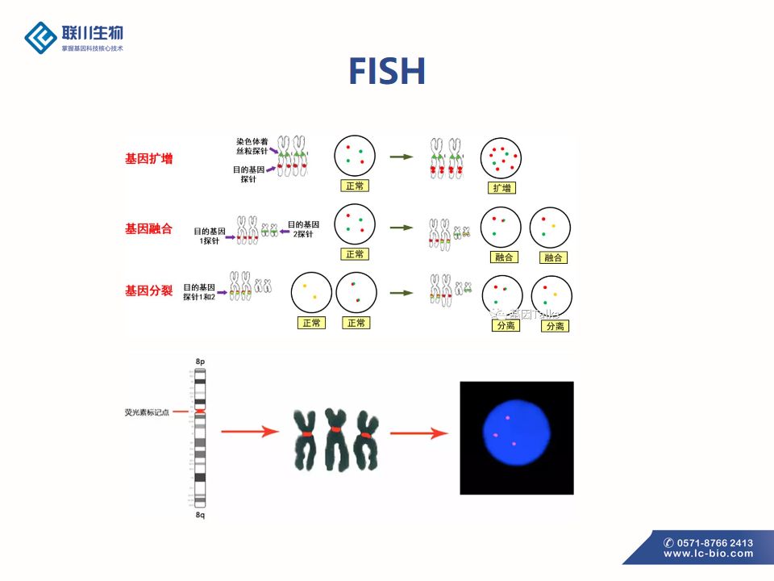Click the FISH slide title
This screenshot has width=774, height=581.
(x=387, y=71)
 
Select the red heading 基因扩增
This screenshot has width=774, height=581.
(x=148, y=159)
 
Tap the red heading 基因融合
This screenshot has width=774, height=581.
(x=148, y=228)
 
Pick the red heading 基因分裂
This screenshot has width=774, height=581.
(x=148, y=290)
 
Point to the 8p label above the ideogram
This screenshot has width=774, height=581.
(x=201, y=362)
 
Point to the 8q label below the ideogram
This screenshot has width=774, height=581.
(x=201, y=514)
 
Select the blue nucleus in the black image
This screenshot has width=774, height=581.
(x=516, y=433)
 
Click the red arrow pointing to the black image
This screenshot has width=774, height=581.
(x=418, y=433)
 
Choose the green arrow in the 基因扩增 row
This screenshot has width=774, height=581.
(x=401, y=157)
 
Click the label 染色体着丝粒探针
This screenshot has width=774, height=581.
(x=252, y=146)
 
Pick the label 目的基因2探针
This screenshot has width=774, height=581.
(x=302, y=229)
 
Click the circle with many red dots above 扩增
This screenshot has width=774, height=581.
(x=501, y=158)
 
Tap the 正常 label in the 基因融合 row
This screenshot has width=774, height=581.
(x=355, y=254)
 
